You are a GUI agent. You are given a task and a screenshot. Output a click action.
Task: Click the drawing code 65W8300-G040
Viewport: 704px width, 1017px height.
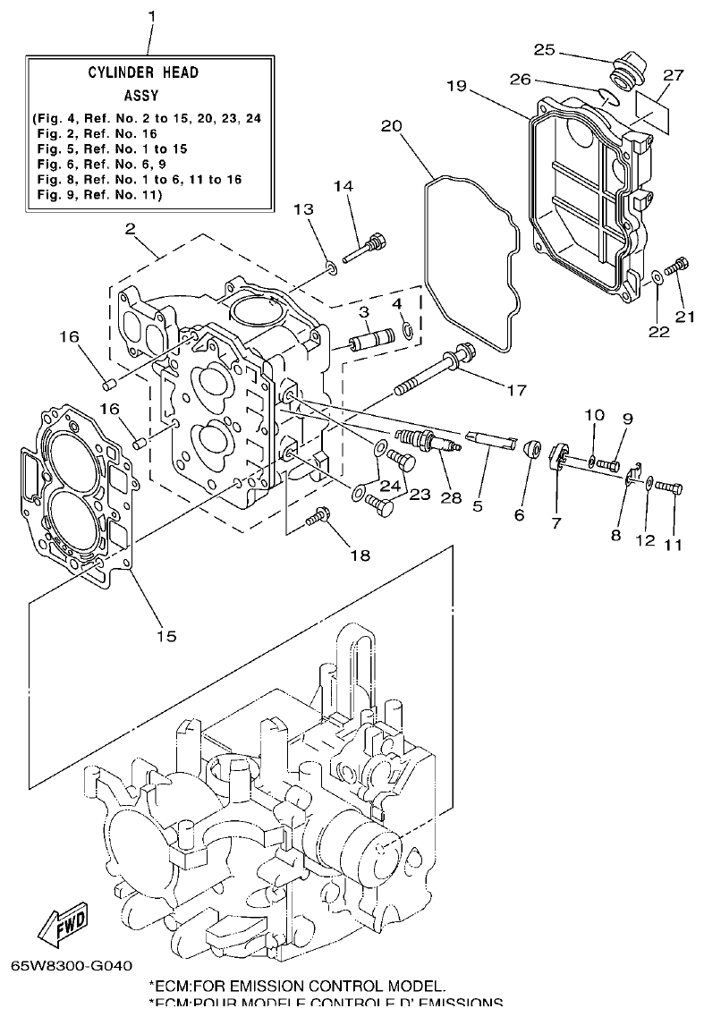click(x=72, y=966)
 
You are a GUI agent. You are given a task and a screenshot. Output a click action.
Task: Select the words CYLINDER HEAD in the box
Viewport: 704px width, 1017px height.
click(x=143, y=72)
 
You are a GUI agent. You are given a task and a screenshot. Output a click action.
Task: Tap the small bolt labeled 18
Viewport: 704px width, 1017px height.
click(x=318, y=516)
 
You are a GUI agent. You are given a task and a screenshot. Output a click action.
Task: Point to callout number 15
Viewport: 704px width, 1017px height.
click(x=166, y=636)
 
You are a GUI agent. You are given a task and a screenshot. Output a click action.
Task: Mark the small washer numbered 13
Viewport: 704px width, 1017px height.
click(x=331, y=266)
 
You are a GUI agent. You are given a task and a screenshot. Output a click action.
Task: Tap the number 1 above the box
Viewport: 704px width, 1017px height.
click(x=151, y=17)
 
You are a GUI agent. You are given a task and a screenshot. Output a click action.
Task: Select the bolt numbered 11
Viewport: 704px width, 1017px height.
click(x=668, y=487)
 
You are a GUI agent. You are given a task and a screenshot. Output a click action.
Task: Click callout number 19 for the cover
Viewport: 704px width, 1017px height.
click(x=456, y=86)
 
